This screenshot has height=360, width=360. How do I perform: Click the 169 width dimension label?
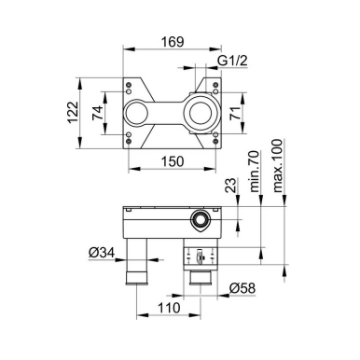[173, 42]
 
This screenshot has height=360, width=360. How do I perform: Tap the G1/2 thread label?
[232, 61]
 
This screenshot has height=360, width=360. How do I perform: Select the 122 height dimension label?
[74, 113]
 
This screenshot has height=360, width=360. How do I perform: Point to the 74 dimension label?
[97, 113]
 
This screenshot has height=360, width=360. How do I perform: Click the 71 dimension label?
[235, 113]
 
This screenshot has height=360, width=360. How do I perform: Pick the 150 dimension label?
[173, 161]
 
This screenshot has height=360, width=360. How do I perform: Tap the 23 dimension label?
[230, 186]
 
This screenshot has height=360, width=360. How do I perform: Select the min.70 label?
[254, 172]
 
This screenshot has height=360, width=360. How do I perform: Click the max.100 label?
[277, 166]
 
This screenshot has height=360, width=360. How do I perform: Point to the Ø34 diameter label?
[102, 253]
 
